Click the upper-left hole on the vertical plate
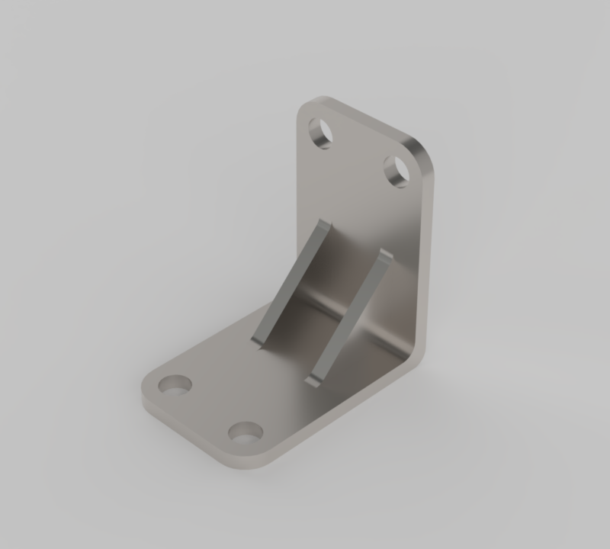point(321,133)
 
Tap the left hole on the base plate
point(176,385)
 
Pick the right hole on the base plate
point(245,433)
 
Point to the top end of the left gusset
point(325,226)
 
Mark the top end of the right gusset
point(386,256)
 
